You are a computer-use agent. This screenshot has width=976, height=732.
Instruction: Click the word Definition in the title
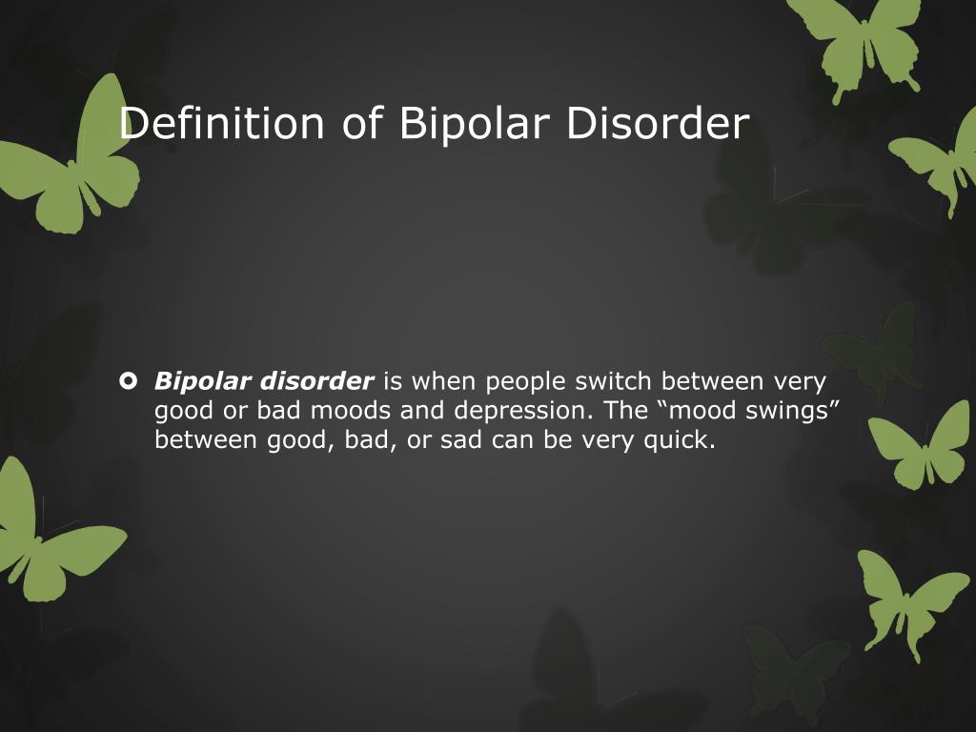pyautogui.click(x=221, y=123)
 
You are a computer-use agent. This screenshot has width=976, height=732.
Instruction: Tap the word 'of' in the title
pyautogui.click(x=361, y=123)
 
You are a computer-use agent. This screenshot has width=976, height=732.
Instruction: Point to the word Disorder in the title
pyautogui.click(x=658, y=123)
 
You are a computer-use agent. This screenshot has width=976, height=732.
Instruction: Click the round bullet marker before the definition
pyautogui.click(x=128, y=380)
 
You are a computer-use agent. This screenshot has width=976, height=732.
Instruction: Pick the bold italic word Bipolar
pyautogui.click(x=202, y=382)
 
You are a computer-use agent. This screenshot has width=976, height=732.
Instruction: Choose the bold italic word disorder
pyautogui.click(x=316, y=380)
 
